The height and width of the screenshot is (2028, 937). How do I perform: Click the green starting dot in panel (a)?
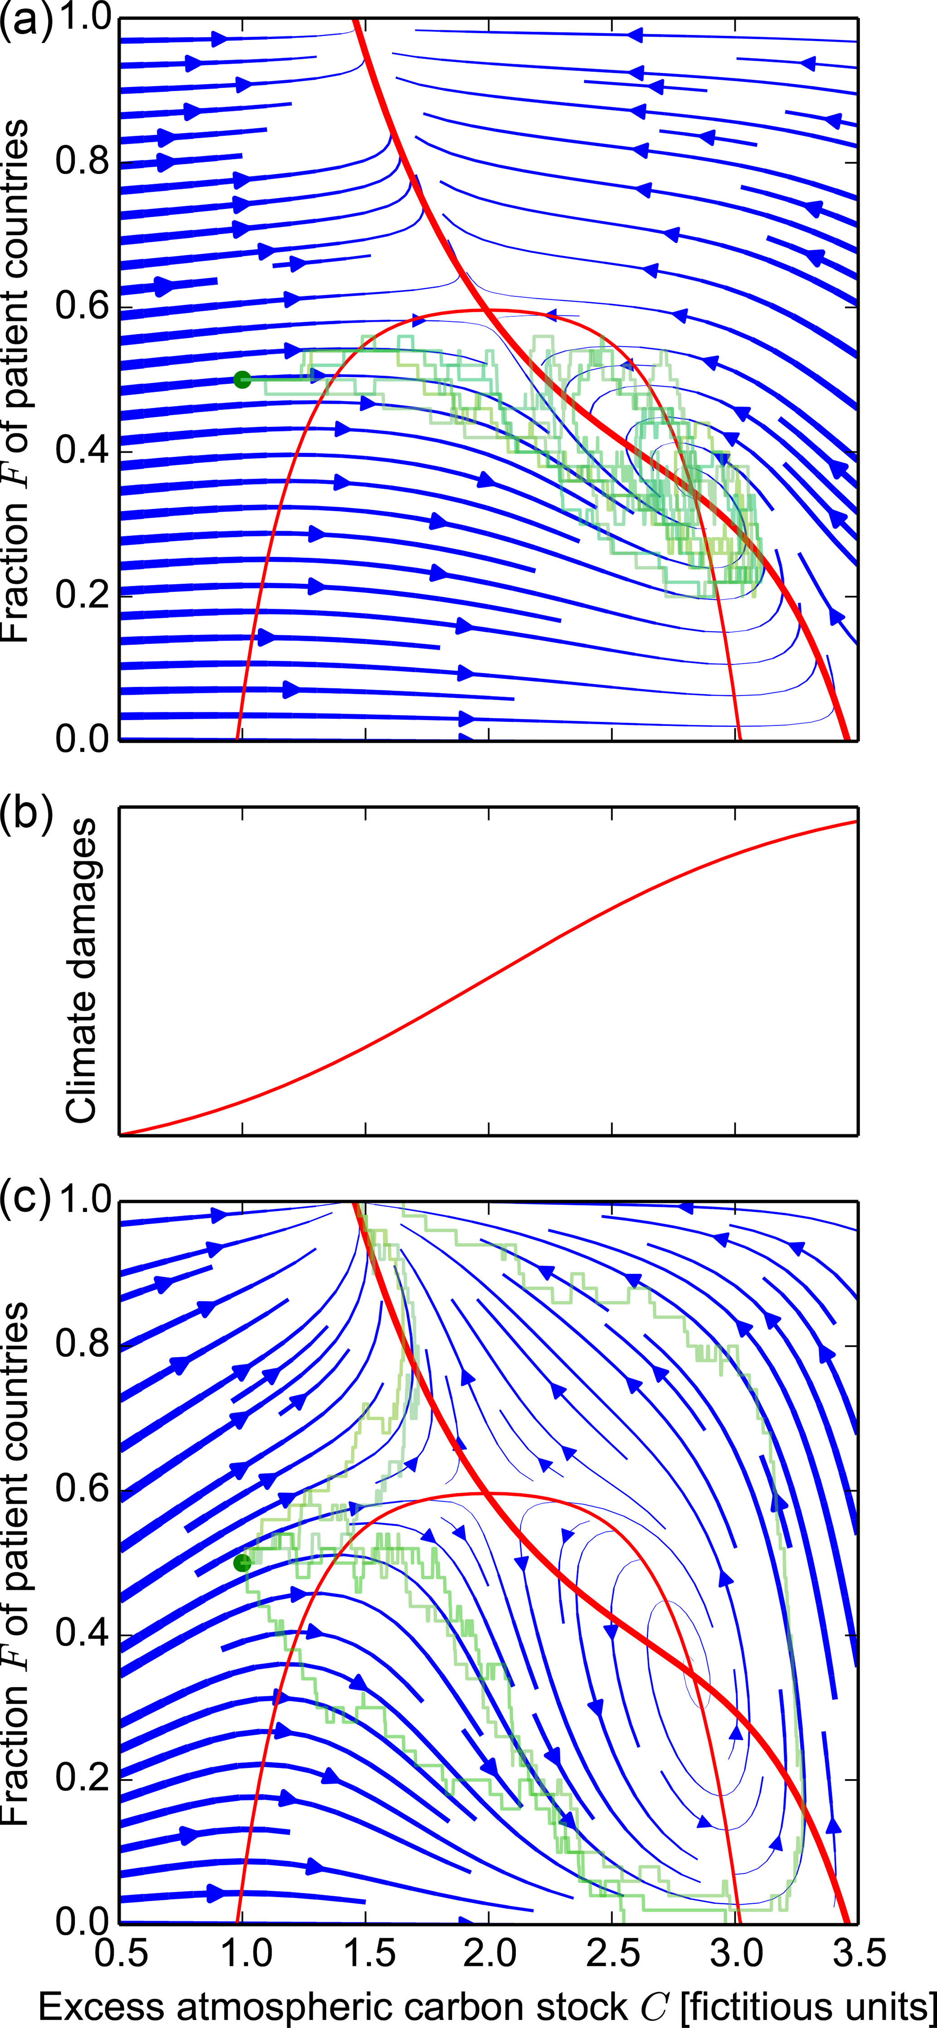tap(243, 379)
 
